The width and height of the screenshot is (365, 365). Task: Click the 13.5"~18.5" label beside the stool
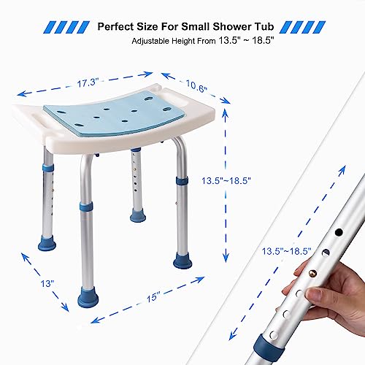click(226, 180)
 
